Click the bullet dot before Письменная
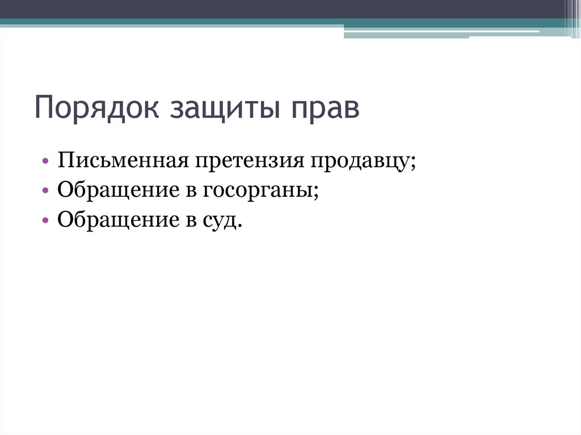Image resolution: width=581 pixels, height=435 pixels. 45,162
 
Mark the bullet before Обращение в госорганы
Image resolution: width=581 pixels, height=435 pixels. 45,192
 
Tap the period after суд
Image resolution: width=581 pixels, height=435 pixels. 240,225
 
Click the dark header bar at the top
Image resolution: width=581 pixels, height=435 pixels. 284,9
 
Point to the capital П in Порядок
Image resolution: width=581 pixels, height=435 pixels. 44,108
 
